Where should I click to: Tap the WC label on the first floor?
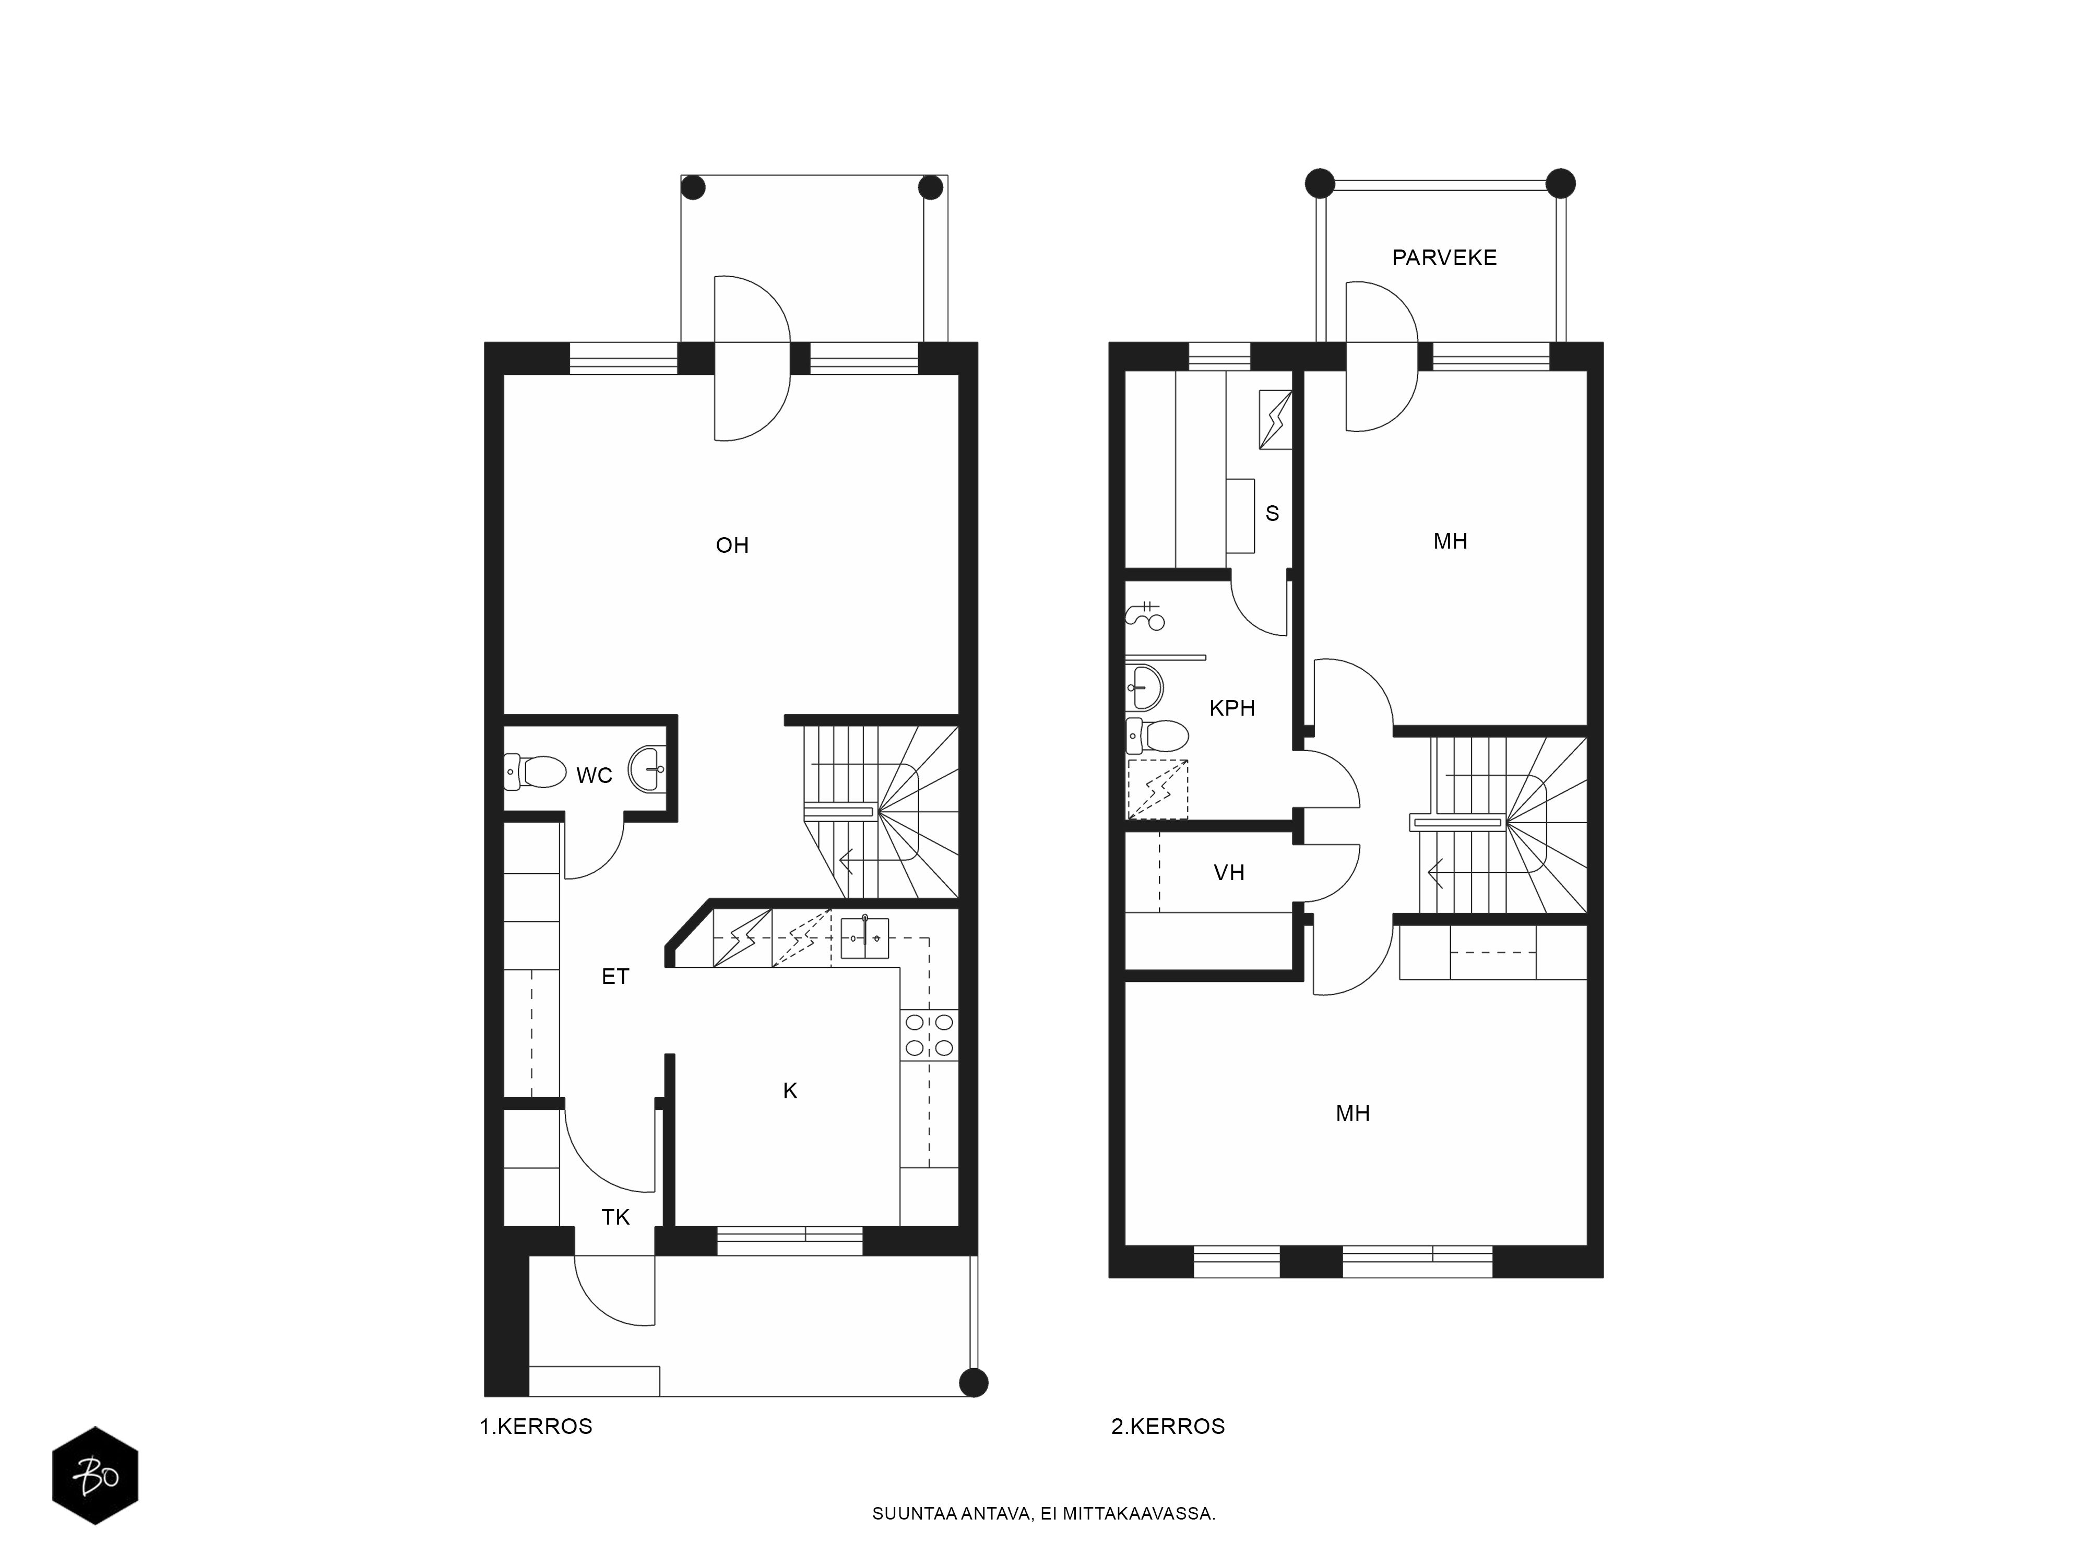pos(595,775)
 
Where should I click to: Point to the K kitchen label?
pos(790,1090)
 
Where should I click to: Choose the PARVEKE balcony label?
pos(1444,258)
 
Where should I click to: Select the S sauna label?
pos(1273,514)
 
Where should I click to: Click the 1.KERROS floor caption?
pos(536,1426)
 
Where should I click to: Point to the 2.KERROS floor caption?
pos(1168,1426)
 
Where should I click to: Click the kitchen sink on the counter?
pos(864,938)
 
